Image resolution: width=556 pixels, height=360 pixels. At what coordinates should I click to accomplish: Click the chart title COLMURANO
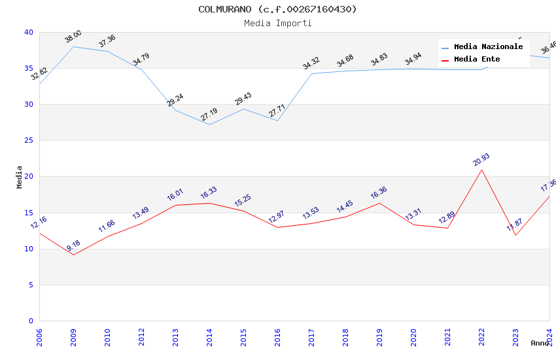click(x=277, y=9)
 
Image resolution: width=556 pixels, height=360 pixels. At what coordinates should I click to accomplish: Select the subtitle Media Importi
click(x=277, y=23)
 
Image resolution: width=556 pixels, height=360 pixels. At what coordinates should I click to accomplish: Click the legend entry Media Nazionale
click(x=488, y=47)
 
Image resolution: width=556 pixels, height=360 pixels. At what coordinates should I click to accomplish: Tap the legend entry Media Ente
click(x=477, y=60)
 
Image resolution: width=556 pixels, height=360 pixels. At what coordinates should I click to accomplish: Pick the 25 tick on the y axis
click(x=28, y=141)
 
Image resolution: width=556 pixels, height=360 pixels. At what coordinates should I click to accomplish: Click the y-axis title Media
click(x=20, y=177)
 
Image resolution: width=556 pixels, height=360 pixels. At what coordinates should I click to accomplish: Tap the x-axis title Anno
click(x=540, y=343)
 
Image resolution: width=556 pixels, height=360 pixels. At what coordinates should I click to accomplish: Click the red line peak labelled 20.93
click(x=481, y=170)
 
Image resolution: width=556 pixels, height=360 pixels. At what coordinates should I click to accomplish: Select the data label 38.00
click(x=73, y=37)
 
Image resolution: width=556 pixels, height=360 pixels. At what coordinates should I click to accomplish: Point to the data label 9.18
click(x=73, y=246)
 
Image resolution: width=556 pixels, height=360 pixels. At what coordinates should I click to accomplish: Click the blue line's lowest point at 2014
click(x=209, y=124)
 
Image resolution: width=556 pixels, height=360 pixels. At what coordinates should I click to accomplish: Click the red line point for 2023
click(x=515, y=235)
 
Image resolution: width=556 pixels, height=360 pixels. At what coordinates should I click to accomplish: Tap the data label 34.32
click(x=311, y=63)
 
